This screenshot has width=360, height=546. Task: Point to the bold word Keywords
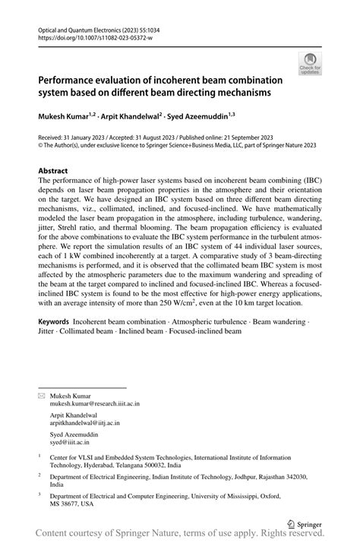coord(59,322)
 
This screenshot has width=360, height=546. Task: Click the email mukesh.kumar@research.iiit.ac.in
coord(94,404)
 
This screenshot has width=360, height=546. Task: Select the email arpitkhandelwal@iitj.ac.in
coord(84,422)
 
